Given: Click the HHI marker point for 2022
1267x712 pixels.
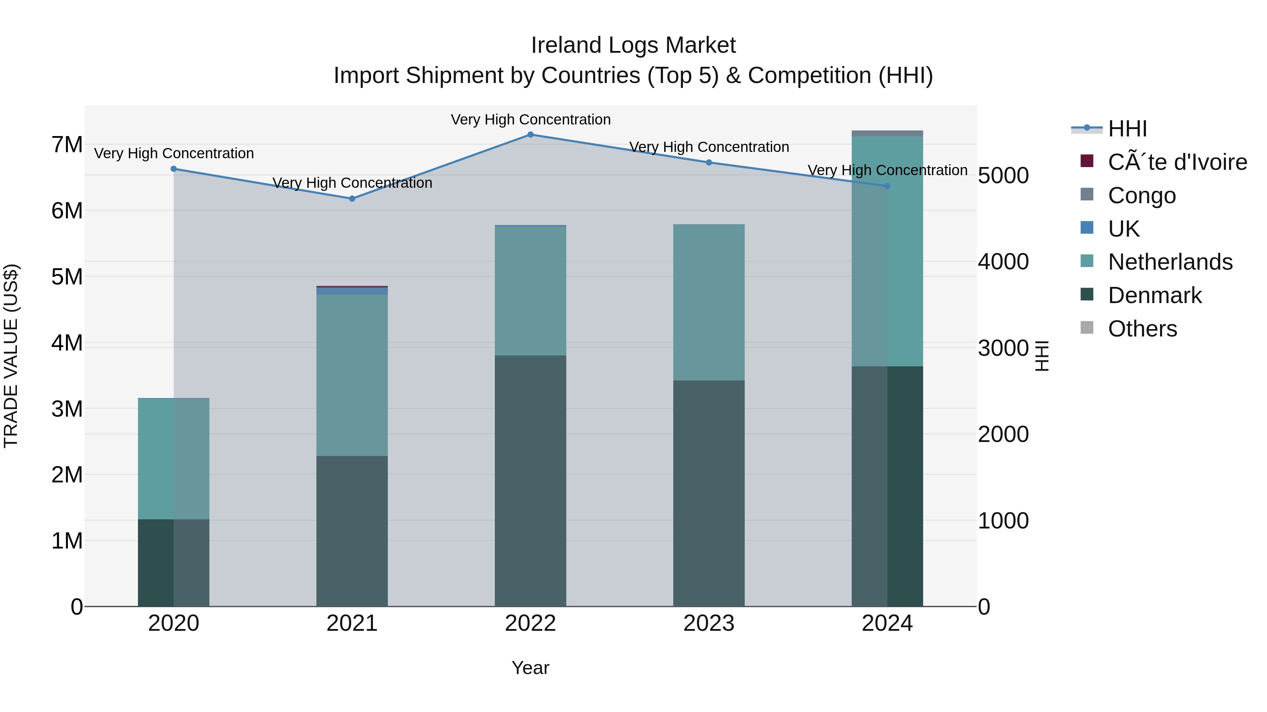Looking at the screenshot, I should click(530, 134).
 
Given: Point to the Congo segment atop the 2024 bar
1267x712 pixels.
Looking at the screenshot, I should click(887, 134).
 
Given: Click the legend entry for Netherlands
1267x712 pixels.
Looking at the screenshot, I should click(1170, 262).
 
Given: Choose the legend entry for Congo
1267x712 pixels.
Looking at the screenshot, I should click(1141, 195).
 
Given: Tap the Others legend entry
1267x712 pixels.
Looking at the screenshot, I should click(1142, 329).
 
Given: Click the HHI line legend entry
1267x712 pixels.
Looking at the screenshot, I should click(1127, 129).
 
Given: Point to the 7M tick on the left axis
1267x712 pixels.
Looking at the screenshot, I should click(67, 145).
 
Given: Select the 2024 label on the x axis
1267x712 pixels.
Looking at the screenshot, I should click(887, 623).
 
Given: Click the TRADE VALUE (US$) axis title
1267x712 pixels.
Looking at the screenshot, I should click(11, 356).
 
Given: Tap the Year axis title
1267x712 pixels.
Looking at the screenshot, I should click(530, 668).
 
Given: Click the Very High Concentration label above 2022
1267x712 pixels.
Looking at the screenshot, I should click(530, 120).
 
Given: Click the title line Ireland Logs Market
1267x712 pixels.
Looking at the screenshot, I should click(633, 45).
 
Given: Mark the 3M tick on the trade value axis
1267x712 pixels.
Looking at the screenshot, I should click(67, 409).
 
